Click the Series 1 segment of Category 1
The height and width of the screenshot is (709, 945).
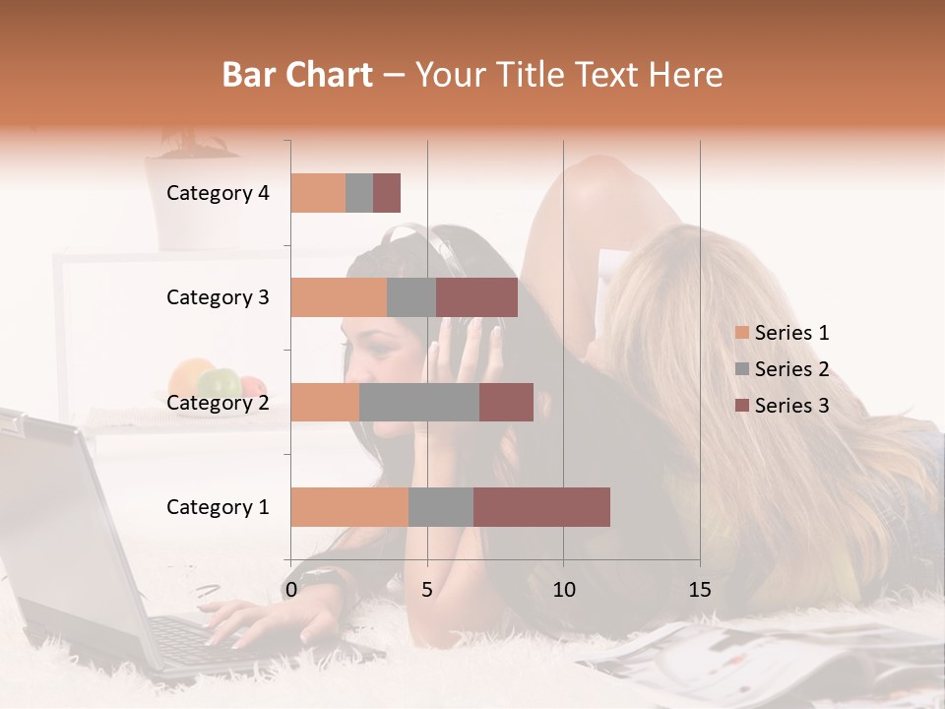tap(349, 506)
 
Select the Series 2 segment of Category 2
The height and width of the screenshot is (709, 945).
tap(419, 402)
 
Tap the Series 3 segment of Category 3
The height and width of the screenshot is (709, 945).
tap(476, 297)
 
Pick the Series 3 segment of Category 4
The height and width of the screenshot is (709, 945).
tap(387, 193)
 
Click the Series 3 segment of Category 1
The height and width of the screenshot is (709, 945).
tap(541, 506)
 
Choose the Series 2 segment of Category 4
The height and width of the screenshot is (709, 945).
tap(359, 193)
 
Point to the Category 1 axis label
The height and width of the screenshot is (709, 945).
tap(218, 507)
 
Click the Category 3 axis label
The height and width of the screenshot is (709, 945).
tap(218, 297)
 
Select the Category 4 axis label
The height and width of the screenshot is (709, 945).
tap(218, 193)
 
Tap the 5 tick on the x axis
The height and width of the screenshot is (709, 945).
tap(427, 590)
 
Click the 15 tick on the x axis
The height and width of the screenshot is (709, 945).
tap(700, 590)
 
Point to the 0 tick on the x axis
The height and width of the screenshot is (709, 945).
tap(291, 590)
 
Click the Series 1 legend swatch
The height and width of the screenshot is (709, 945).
tap(741, 334)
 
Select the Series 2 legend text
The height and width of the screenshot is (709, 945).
tap(791, 369)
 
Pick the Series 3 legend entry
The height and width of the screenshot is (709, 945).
tap(782, 406)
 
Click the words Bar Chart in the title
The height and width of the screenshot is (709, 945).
tap(297, 75)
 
